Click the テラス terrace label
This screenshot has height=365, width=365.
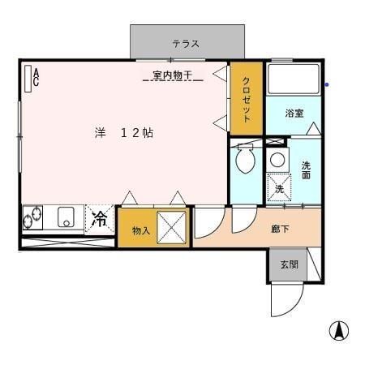[x=185, y=44]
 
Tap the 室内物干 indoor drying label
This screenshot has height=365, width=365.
[x=172, y=75]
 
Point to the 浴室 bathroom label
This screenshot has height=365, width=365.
[x=294, y=114]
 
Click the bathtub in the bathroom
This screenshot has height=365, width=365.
[x=295, y=80]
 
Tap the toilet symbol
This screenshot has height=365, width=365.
[x=244, y=160]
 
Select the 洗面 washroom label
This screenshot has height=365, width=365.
[x=306, y=170]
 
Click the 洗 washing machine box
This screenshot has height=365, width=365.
[x=279, y=187]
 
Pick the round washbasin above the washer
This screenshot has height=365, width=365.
[x=278, y=159]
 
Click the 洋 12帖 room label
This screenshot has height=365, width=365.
[x=122, y=133]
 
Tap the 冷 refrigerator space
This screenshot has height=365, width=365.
[x=100, y=218]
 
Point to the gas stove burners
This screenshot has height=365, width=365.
[x=35, y=217]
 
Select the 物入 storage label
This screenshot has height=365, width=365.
[x=141, y=230]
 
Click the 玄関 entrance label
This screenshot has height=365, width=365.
[x=289, y=264]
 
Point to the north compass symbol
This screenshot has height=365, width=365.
[x=338, y=331]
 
